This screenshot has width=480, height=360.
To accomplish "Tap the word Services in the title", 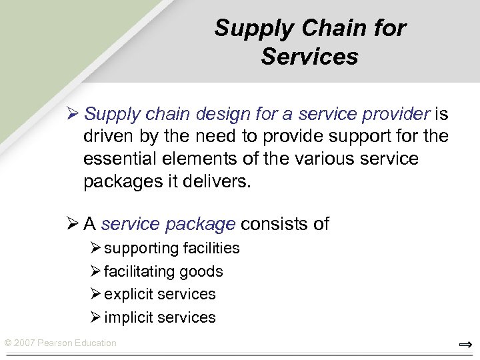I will pos(309,57).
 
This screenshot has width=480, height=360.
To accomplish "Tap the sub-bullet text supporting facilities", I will pos(172,249).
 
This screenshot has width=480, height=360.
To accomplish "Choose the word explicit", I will pos(130,294).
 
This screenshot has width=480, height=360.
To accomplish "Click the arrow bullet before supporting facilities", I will pos(96,248).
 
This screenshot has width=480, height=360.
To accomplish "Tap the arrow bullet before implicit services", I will pos(96,317).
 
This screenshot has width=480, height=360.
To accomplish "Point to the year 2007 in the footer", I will pos(24,343).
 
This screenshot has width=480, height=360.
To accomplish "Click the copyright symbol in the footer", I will pos(7,343).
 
